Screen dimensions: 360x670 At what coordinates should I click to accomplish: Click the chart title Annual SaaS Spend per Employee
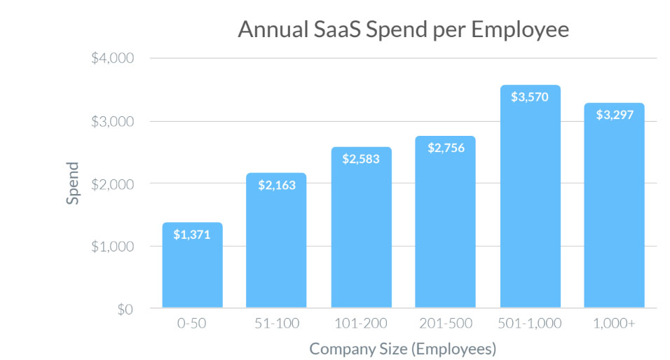(402, 30)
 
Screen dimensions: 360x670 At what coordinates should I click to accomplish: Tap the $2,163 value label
(276, 185)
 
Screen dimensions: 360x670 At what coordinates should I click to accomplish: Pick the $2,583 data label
(360, 159)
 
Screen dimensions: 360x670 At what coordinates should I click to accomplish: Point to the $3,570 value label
(529, 97)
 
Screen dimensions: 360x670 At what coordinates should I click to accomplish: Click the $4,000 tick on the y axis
(112, 58)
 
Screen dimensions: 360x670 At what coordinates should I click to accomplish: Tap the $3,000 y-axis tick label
(112, 121)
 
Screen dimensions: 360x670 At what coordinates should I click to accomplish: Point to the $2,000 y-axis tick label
(112, 184)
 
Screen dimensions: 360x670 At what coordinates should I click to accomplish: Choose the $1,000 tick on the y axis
(112, 247)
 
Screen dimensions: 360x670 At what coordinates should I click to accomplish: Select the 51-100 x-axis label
(276, 324)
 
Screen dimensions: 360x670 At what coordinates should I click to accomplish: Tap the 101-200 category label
(360, 324)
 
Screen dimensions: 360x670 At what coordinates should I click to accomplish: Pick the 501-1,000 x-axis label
(529, 324)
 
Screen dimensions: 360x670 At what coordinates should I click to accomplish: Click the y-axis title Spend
(74, 184)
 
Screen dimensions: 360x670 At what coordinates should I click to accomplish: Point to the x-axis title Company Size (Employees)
(402, 348)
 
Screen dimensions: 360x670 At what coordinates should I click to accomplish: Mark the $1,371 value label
(192, 235)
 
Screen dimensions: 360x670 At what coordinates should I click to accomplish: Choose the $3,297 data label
(614, 115)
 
